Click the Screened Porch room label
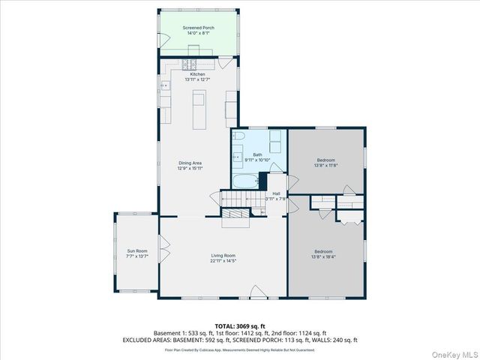(197, 28)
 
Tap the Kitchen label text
(197, 73)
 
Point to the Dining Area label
(190, 163)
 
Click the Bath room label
(257, 154)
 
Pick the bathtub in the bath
(245, 181)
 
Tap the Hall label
(276, 193)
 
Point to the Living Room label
(223, 256)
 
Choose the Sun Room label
(137, 251)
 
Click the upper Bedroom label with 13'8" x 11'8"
(326, 160)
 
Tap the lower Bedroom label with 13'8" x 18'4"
(324, 251)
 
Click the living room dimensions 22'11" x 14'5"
(223, 261)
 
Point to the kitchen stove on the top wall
(187, 64)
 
